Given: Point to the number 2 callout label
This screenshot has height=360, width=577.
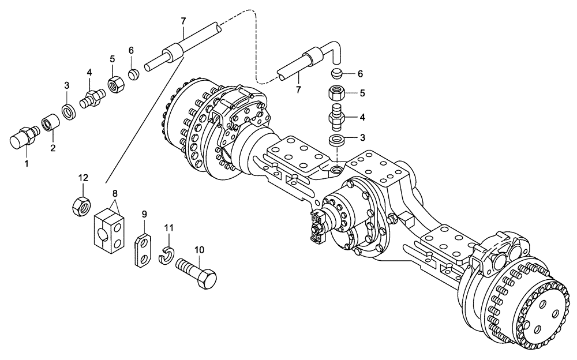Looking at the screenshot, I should click(x=54, y=148).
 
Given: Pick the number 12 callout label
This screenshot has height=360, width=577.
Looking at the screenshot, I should click(x=83, y=178).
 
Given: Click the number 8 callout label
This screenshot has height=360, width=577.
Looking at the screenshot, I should click(x=114, y=194).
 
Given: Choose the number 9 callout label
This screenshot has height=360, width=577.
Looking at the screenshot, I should click(x=144, y=214).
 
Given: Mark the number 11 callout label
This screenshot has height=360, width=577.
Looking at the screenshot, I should click(x=169, y=228).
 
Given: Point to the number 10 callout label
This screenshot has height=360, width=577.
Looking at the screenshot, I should click(x=199, y=250).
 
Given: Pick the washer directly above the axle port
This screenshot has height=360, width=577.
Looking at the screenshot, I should click(x=336, y=140).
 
